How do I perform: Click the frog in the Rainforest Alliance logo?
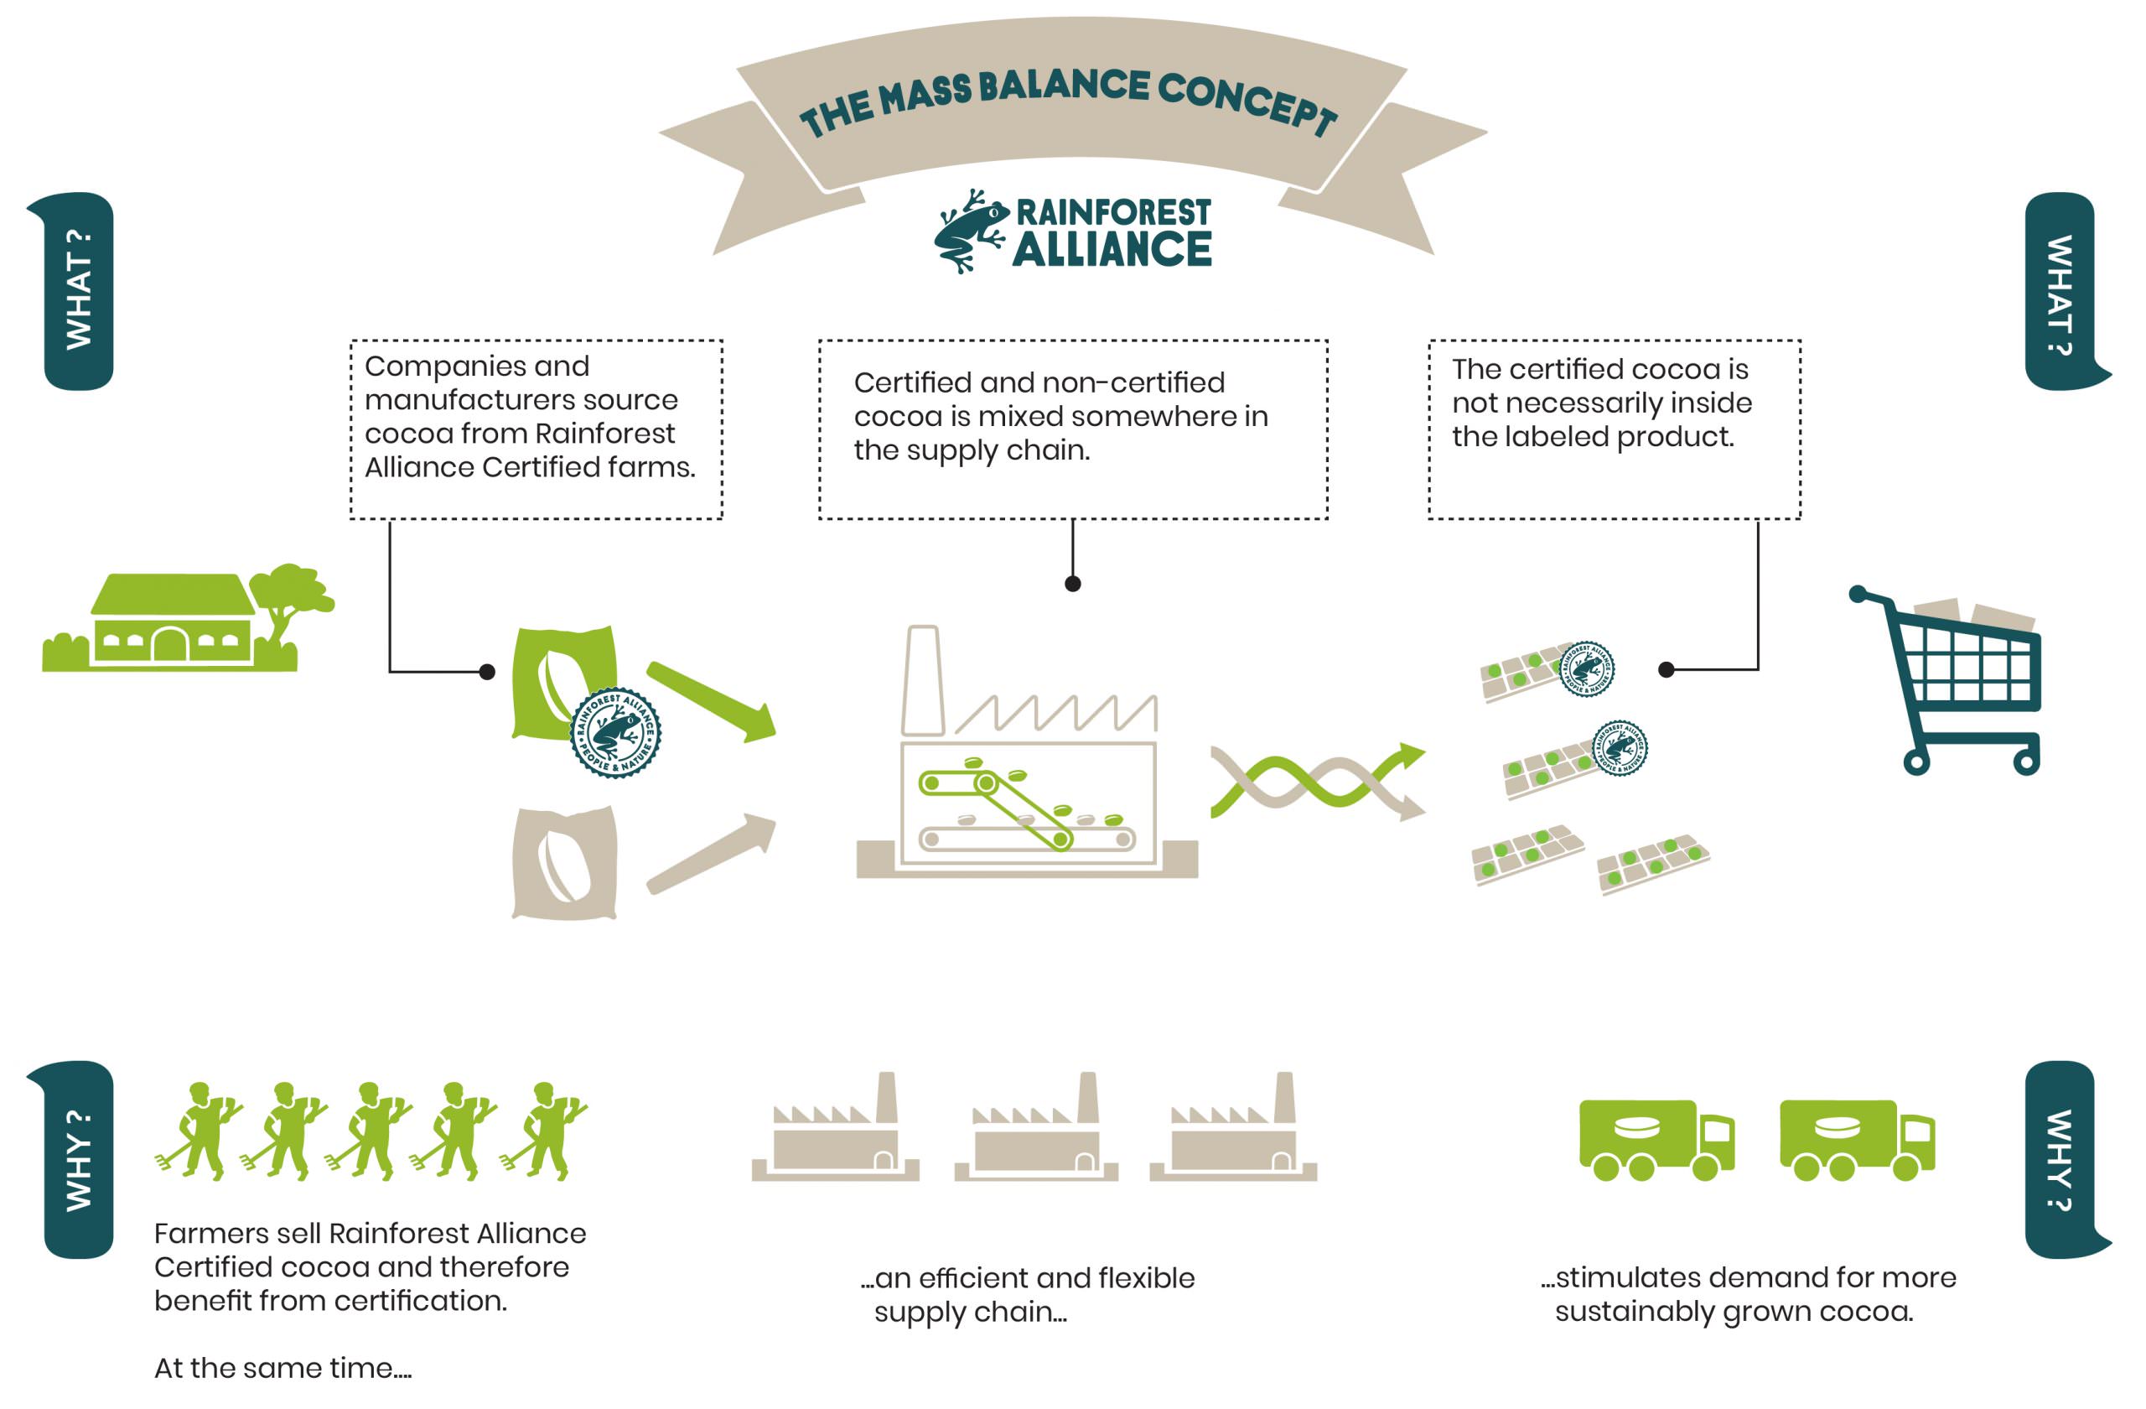pos(970,230)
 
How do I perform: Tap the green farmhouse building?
pos(171,622)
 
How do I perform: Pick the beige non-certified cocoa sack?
pos(564,862)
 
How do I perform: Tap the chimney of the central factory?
pos(921,681)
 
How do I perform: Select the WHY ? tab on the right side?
pos(2060,1159)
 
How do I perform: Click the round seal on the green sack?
pos(616,733)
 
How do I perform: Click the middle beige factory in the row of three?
pos(1037,1132)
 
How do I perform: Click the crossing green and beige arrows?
pos(1316,780)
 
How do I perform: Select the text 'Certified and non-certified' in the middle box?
pos(1039,382)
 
